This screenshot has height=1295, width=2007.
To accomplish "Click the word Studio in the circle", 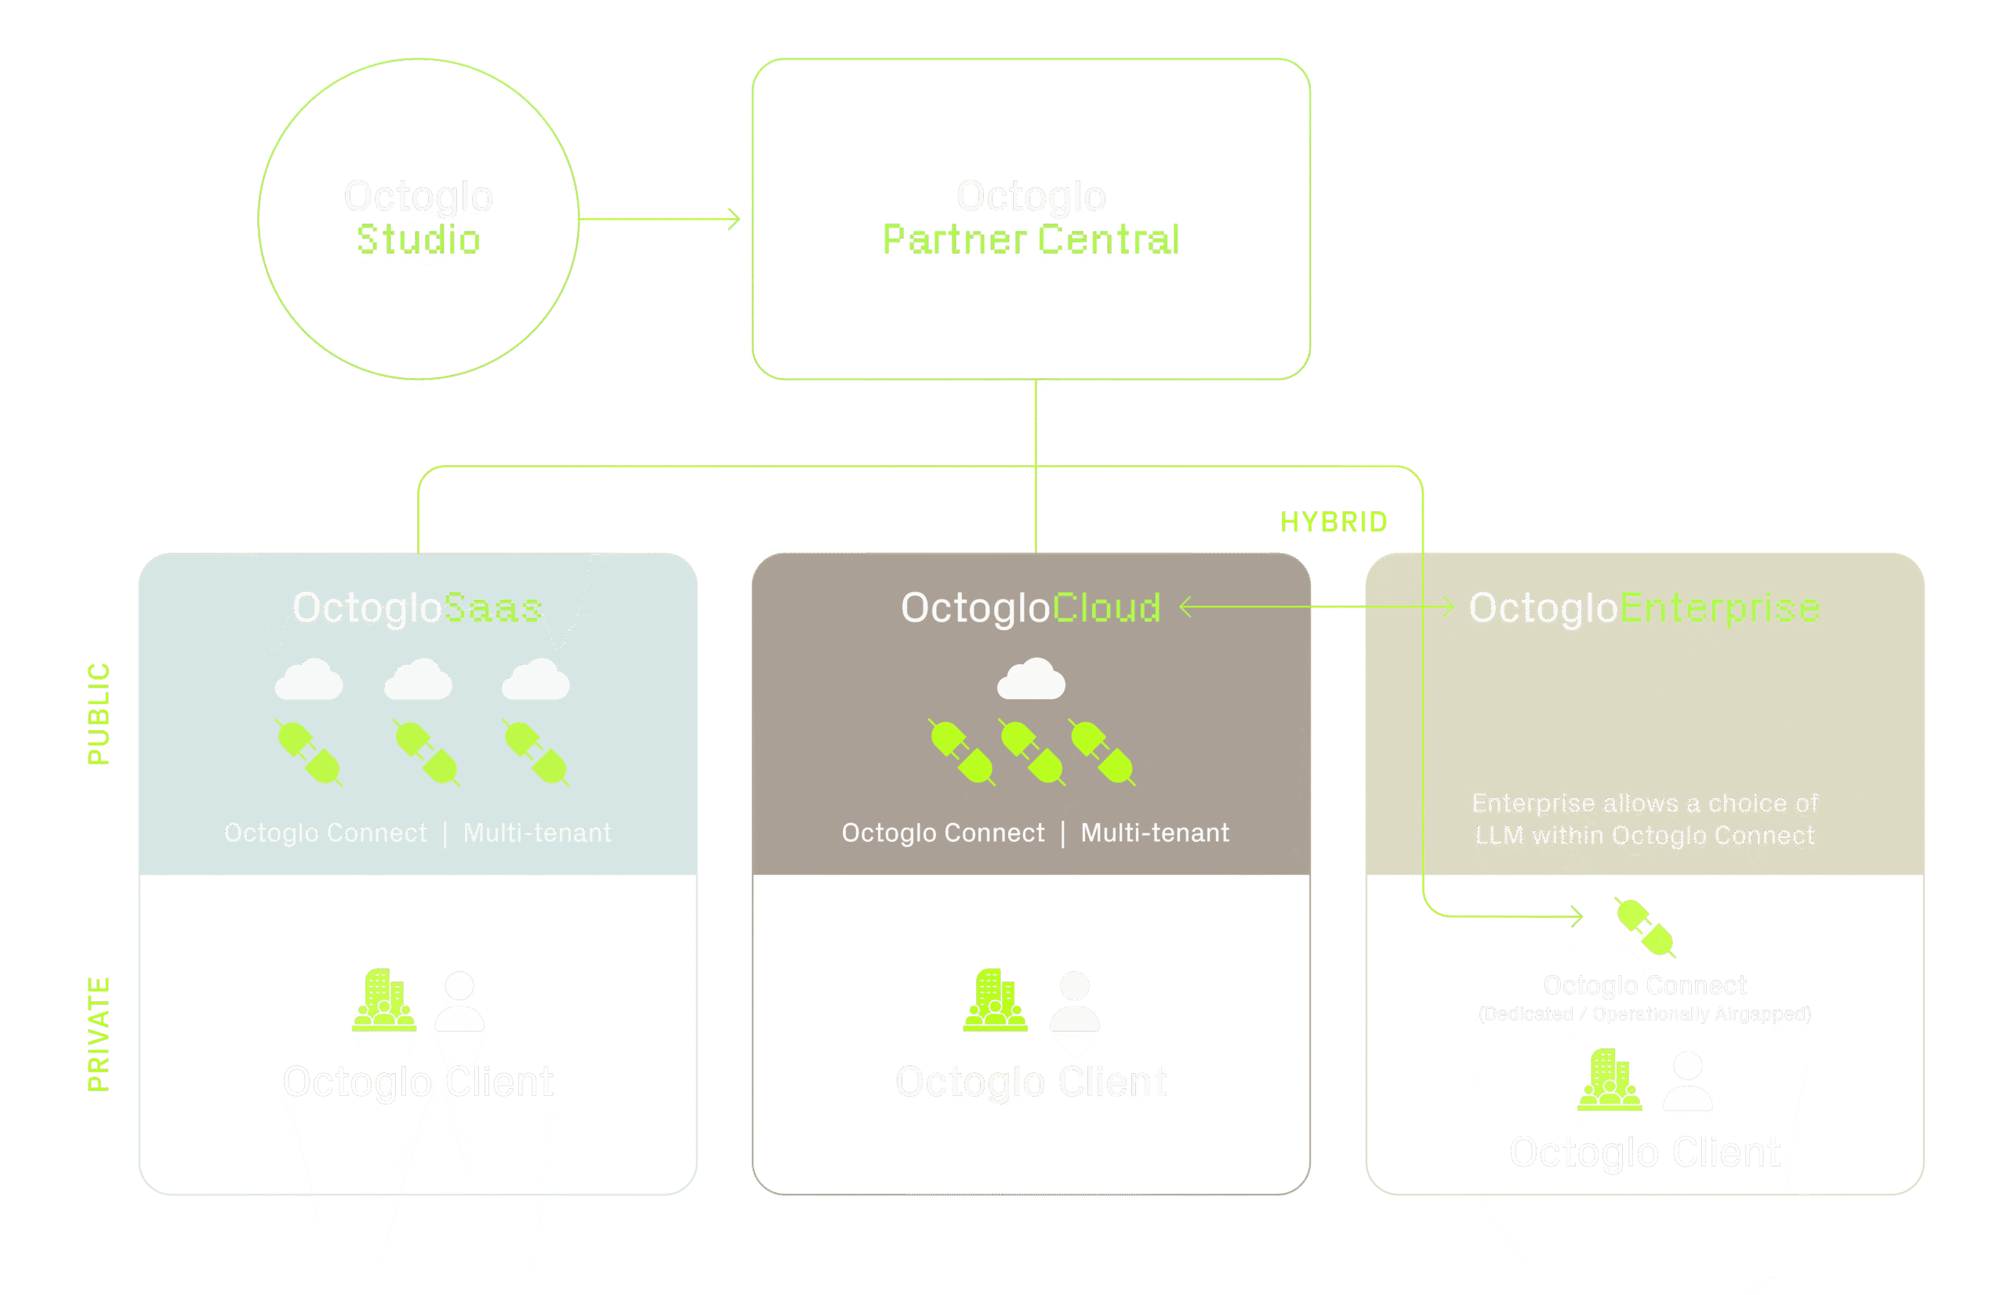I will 419,240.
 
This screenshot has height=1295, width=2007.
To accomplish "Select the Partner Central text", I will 1031,240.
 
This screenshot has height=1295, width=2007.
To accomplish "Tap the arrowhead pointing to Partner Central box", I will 735,219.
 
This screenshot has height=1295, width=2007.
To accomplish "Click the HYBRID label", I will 1334,522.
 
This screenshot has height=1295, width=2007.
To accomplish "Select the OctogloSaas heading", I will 417,608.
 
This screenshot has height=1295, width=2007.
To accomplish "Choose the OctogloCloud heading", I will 1031,608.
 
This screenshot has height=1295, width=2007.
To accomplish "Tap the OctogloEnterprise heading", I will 1644,608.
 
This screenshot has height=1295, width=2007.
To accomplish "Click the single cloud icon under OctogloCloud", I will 1031,680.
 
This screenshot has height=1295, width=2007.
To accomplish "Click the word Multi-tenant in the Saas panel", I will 537,832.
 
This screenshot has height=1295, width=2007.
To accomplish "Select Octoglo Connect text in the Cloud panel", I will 942,832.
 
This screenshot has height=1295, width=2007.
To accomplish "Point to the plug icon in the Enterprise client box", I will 1644,927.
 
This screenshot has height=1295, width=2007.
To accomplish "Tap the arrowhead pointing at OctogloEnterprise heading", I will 1448,608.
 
